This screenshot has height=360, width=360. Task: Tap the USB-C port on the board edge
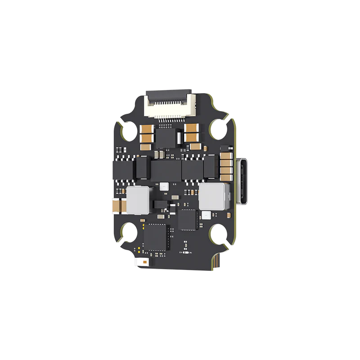coord(243,180)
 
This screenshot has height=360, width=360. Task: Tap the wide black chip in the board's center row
coord(165,170)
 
